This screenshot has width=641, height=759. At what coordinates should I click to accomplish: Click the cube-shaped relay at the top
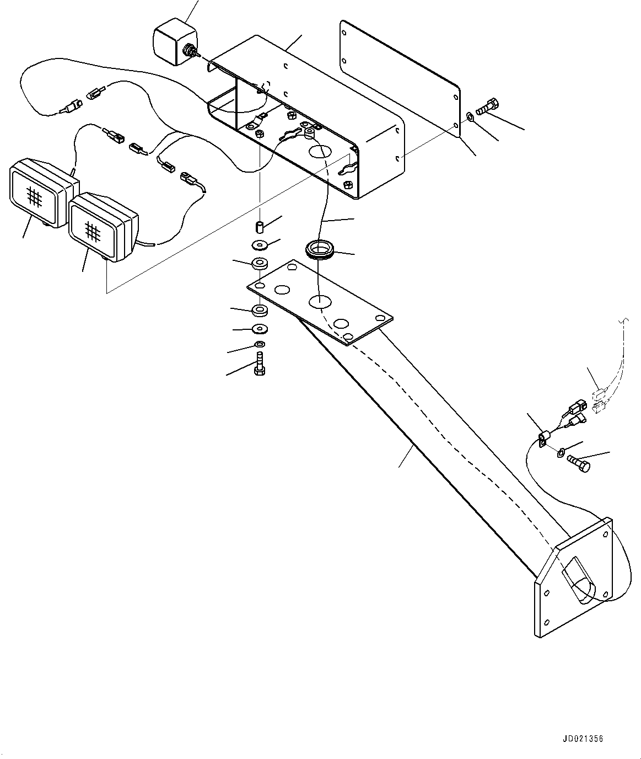[x=171, y=40]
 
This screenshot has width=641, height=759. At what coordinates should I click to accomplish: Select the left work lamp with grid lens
[x=39, y=193]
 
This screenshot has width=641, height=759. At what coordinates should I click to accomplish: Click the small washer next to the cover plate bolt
[x=469, y=116]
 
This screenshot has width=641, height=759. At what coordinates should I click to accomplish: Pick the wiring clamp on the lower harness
[x=542, y=438]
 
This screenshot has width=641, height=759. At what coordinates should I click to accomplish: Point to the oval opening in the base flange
[x=578, y=579]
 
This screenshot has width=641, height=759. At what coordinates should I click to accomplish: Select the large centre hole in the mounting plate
[x=320, y=301]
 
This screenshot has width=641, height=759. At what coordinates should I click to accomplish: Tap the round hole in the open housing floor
[x=319, y=150]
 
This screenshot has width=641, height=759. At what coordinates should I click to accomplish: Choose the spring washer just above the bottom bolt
[x=258, y=345]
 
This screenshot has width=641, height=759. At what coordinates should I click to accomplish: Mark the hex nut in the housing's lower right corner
[x=348, y=185]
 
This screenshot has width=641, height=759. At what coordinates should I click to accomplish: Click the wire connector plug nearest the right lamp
[x=188, y=179]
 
